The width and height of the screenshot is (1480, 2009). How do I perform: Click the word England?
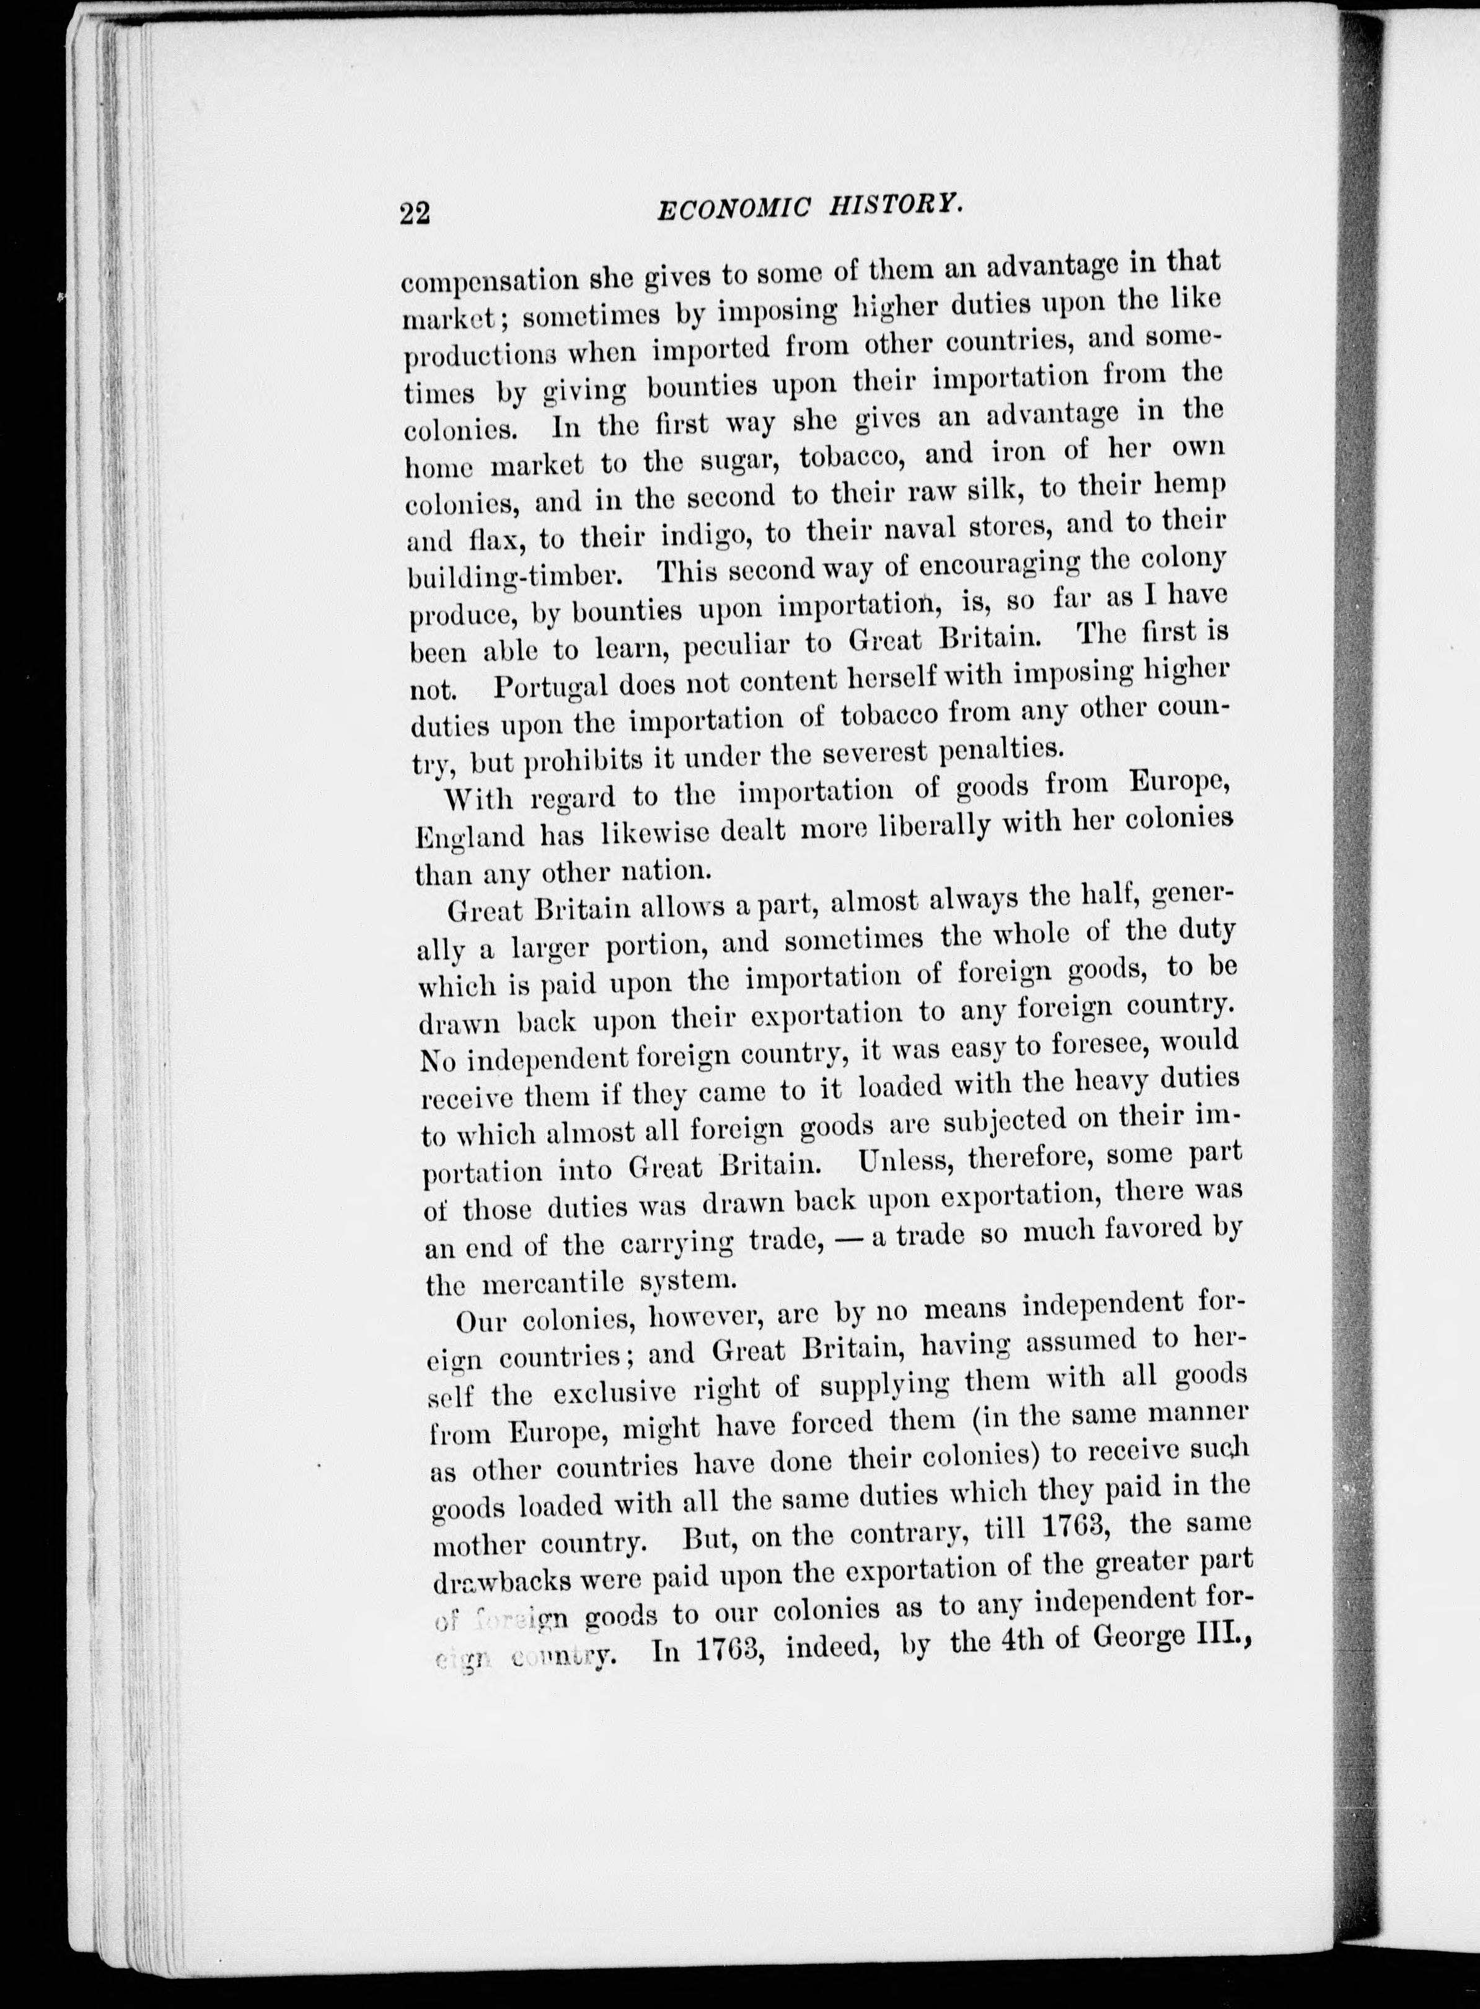469,836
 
